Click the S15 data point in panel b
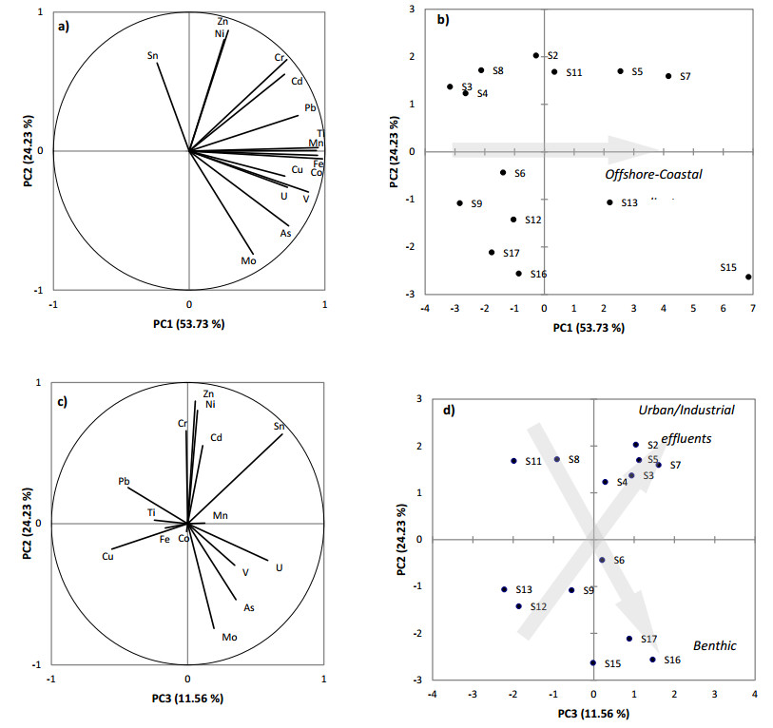[x=748, y=277]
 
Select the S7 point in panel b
[x=668, y=76]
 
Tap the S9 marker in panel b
[x=459, y=203]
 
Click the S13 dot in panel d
[x=505, y=589]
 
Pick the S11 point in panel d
[x=513, y=461]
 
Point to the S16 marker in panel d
[x=652, y=659]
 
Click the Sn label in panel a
[x=153, y=56]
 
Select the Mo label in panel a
[x=248, y=260]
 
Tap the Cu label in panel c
[x=108, y=556]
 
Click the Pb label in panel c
[x=125, y=482]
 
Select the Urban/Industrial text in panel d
[x=686, y=411]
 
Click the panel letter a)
[x=65, y=26]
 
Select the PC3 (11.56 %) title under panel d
[x=593, y=712]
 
